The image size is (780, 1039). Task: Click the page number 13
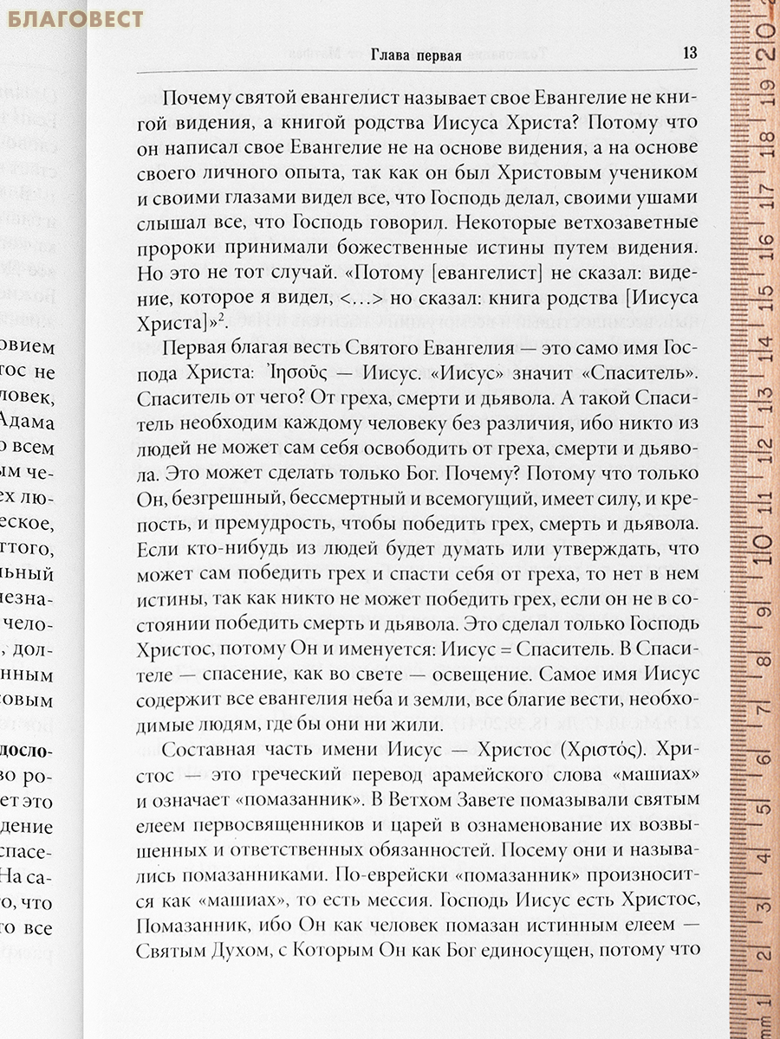(690, 51)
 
